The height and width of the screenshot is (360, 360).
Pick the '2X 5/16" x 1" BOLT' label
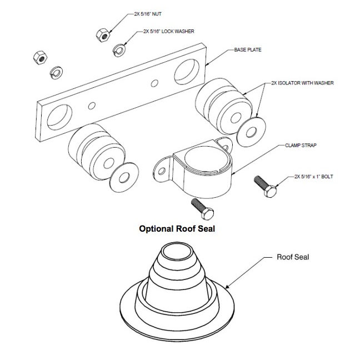[x=319, y=178]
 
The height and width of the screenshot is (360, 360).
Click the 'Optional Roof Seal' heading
[x=177, y=228]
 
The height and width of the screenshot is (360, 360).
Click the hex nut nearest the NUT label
[x=102, y=34]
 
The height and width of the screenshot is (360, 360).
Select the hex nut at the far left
[x=39, y=57]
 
